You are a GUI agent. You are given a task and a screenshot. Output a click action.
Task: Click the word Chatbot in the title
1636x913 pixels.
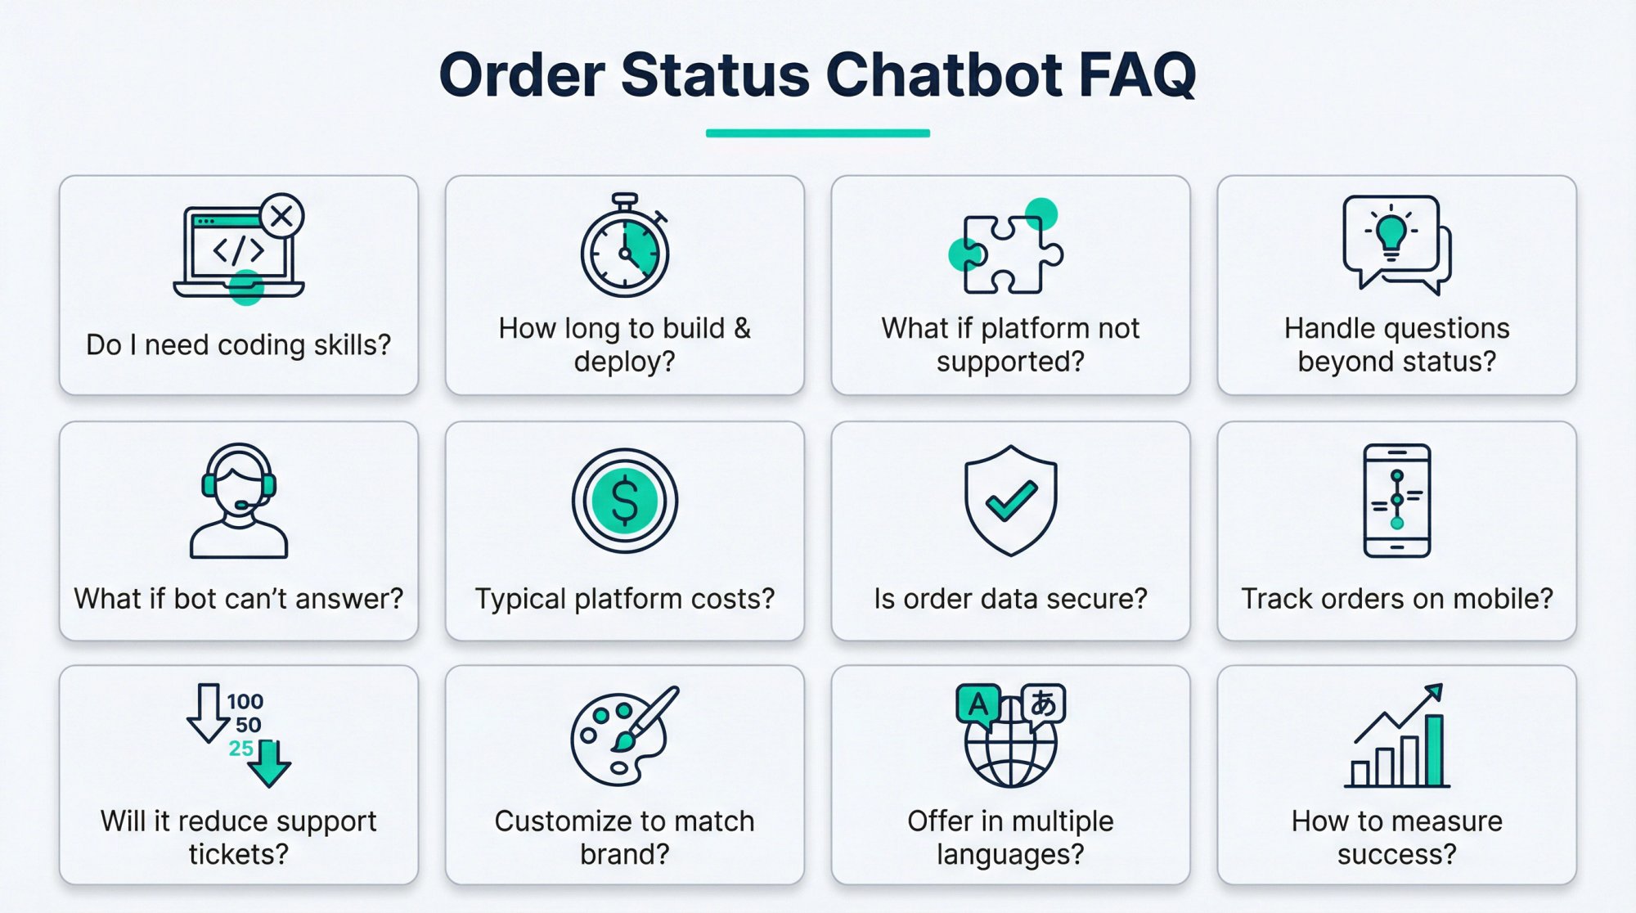pos(943,75)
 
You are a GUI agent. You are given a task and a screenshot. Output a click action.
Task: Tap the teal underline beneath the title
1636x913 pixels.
pos(817,133)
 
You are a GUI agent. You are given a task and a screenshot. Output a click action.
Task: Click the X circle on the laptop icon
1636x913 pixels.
pos(281,216)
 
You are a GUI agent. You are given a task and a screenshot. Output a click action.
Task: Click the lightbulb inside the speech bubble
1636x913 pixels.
pos(1391,232)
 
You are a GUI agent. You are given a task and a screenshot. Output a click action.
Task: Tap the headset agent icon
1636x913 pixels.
pos(238,501)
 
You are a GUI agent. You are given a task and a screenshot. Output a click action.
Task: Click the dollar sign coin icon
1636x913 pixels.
pos(625,501)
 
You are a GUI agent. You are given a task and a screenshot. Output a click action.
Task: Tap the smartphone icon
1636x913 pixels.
pos(1396,501)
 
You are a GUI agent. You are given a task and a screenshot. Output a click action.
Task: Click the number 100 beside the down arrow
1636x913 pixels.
pos(245,701)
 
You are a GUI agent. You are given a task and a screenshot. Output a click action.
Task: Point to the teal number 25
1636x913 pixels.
pos(240,748)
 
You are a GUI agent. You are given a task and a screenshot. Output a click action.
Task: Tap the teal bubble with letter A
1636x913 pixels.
pos(978,704)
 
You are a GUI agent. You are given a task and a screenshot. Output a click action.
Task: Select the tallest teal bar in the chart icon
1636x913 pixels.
pos(1433,749)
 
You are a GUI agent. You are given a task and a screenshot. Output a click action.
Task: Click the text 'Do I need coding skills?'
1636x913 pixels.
pos(238,345)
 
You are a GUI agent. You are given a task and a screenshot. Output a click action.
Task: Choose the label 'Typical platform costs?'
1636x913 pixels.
pos(624,599)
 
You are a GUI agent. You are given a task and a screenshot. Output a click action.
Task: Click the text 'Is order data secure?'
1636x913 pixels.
pos(1010,599)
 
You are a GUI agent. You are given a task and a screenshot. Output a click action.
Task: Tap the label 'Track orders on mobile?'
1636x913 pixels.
pos(1396,599)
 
